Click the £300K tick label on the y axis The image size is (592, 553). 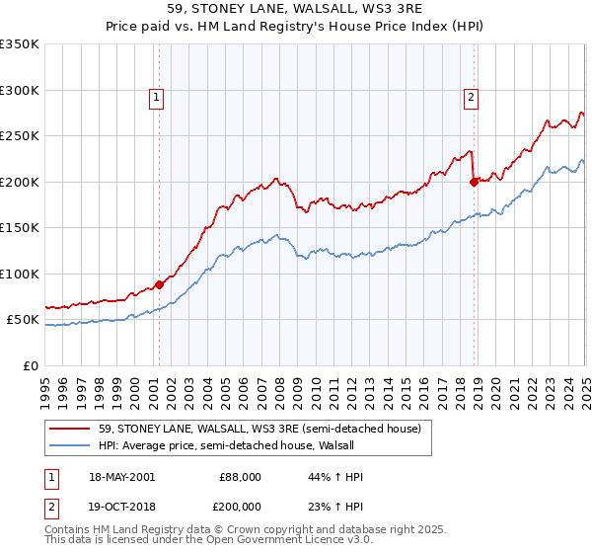pyautogui.click(x=20, y=90)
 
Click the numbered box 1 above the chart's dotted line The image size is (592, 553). pyautogui.click(x=157, y=97)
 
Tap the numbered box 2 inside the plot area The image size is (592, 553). pyautogui.click(x=472, y=97)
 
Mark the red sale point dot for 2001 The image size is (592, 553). pyautogui.click(x=159, y=284)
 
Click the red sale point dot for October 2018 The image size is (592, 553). pyautogui.click(x=474, y=182)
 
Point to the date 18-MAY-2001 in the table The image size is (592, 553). pyautogui.click(x=121, y=477)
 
